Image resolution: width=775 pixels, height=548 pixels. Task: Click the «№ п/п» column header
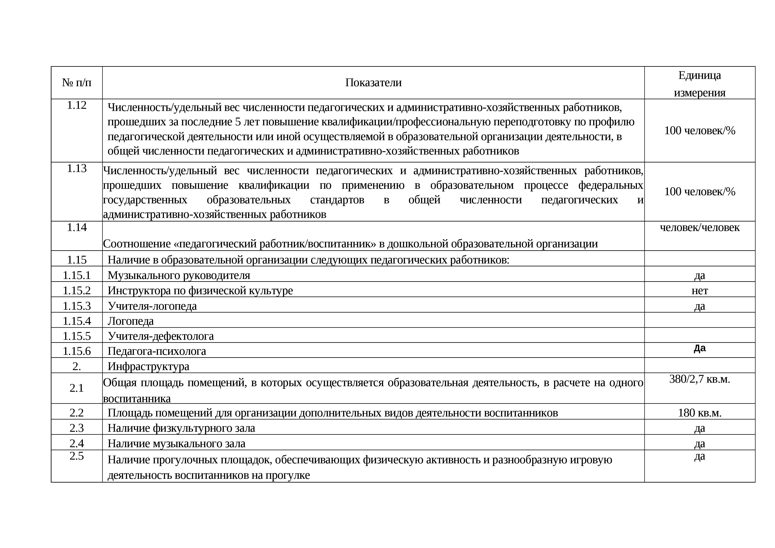coord(77,83)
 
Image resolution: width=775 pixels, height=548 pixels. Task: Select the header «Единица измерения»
coord(699,84)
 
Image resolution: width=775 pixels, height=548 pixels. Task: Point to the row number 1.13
coord(77,168)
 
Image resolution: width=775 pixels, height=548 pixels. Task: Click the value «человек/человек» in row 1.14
coord(699,227)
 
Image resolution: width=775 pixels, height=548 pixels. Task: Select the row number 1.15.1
coord(77,275)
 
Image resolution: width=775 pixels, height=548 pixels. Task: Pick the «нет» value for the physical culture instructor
coord(699,290)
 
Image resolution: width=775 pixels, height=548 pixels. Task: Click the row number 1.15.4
coord(77,321)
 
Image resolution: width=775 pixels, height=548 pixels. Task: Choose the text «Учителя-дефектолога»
coord(161,336)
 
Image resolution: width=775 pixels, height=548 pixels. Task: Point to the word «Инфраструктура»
coord(148,366)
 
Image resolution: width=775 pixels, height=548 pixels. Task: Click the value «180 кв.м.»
coord(699,413)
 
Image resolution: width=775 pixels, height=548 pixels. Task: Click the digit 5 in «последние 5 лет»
coord(238,122)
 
